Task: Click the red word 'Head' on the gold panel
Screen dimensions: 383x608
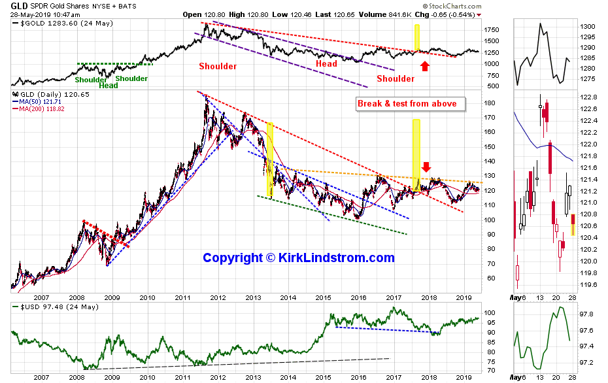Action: [326, 63]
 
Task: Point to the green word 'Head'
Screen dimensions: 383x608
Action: [109, 86]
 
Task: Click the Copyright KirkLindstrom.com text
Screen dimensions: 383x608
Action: [299, 258]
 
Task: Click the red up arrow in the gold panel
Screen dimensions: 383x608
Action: [425, 65]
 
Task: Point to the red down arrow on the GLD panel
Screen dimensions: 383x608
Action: [426, 167]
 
